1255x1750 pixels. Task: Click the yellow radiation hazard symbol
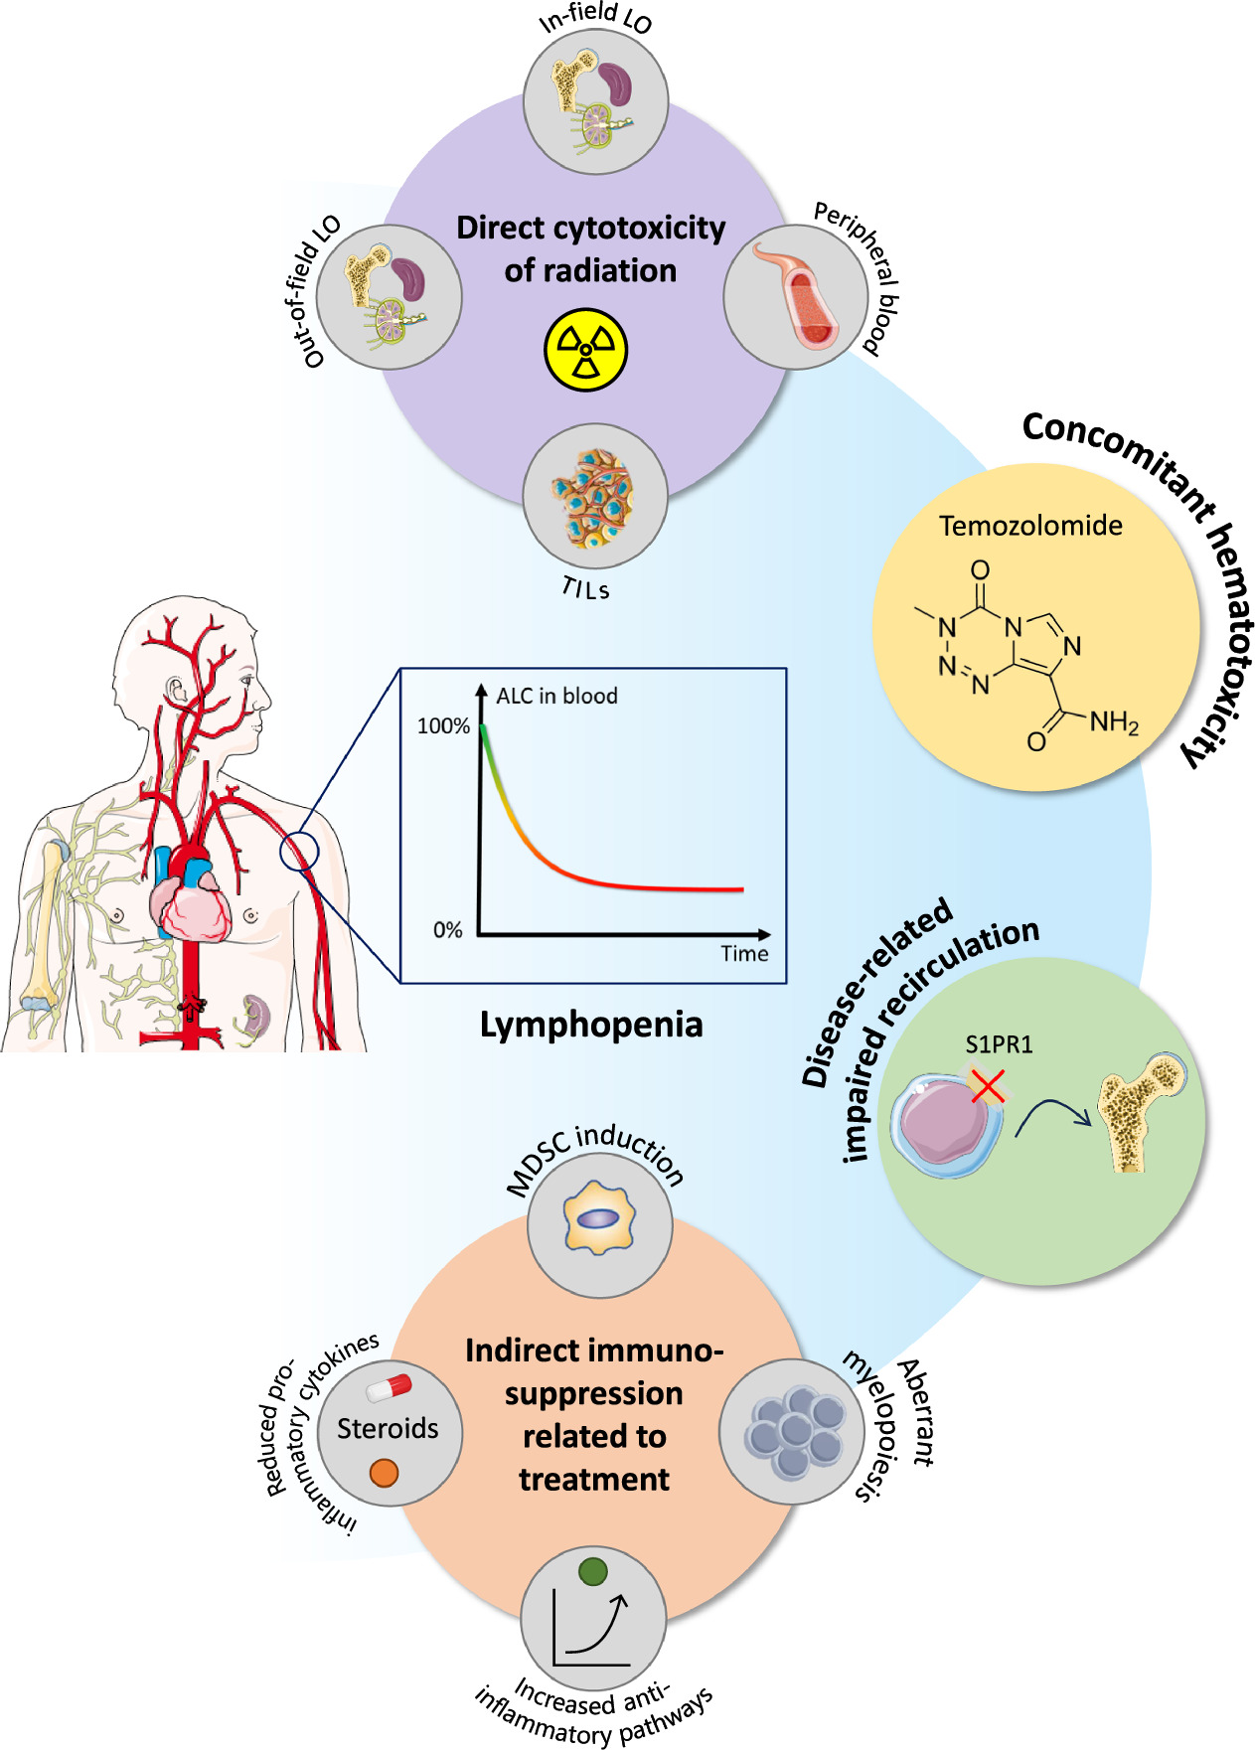(586, 350)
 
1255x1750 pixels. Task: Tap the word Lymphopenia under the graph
(591, 1025)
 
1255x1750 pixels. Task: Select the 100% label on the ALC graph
(443, 726)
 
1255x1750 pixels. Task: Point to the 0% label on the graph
(448, 931)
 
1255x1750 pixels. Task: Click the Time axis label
(744, 954)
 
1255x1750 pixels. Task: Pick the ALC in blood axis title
(556, 696)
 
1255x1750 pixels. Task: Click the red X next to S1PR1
(988, 1086)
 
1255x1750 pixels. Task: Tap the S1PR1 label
(999, 1044)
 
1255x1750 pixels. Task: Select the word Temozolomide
(1030, 526)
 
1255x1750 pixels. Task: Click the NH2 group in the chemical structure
(1113, 722)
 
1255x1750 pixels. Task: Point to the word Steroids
(388, 1428)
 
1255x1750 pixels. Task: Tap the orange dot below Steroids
(384, 1473)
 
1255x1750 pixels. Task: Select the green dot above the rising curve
(592, 1571)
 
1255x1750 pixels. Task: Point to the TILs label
(585, 588)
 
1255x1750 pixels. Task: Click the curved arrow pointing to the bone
(1051, 1115)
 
